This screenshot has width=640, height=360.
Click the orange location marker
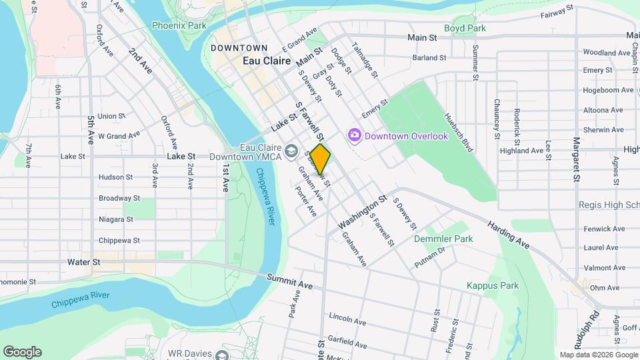coord(321,159)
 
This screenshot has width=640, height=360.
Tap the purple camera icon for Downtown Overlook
coord(355,135)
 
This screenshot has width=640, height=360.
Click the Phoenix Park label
coord(179,26)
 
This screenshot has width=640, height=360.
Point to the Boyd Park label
coord(483,29)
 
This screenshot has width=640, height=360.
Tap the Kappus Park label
coord(493,286)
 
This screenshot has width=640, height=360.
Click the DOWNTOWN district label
coord(239,48)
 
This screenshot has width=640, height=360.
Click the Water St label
coord(83,262)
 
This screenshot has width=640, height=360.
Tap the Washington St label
coord(362,210)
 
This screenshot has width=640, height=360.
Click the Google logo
coord(22,352)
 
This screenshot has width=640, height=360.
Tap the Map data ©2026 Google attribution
coord(598,355)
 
